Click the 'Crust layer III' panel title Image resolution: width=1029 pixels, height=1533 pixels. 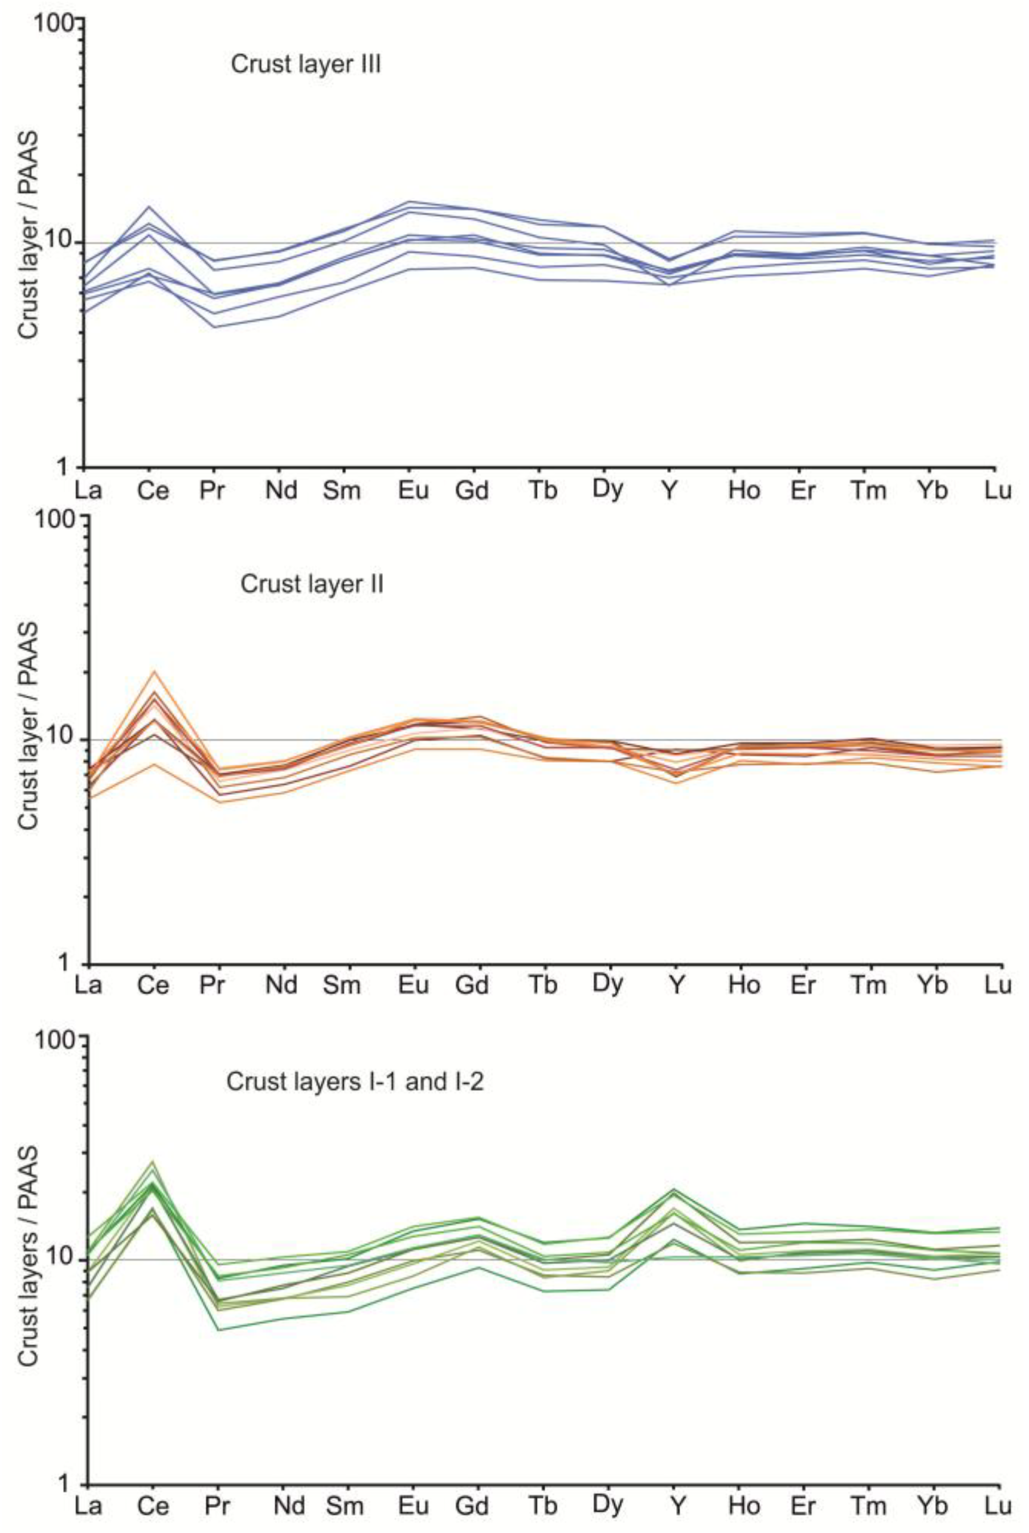tap(306, 65)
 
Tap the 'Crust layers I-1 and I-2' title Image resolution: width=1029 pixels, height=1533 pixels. tap(354, 1081)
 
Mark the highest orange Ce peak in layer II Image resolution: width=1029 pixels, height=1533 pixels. tap(154, 671)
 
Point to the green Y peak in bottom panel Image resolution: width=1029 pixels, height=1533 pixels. tap(674, 1189)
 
